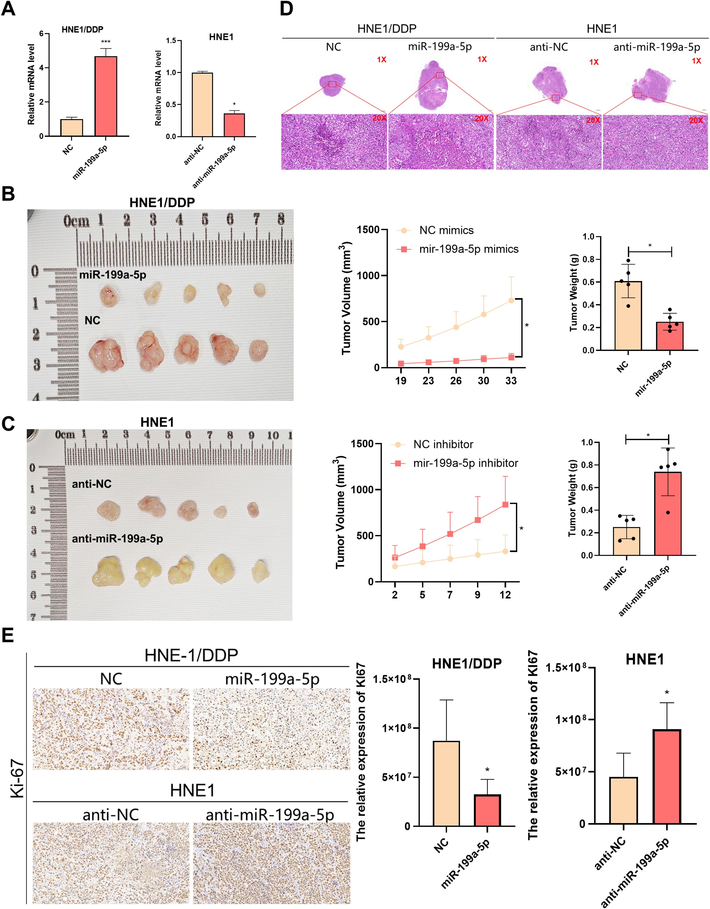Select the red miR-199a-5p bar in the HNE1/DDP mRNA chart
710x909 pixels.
point(106,96)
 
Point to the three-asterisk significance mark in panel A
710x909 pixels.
point(106,42)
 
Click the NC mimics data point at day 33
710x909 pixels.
point(511,300)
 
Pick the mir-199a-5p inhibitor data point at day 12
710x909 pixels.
point(505,505)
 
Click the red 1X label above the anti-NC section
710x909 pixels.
point(594,62)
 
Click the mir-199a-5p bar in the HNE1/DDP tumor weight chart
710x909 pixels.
point(670,336)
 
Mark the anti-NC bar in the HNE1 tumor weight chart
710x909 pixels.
point(626,541)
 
